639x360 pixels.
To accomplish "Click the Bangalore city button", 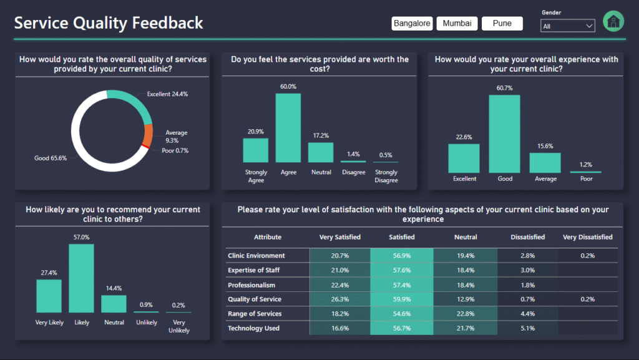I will pyautogui.click(x=412, y=24).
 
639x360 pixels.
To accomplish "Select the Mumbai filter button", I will pyautogui.click(x=457, y=24).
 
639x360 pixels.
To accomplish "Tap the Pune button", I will pyautogui.click(x=502, y=24).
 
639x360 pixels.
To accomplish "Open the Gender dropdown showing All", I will pyautogui.click(x=567, y=26).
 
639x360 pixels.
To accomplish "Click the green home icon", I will pyautogui.click(x=613, y=21).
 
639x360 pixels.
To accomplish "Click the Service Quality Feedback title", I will pyautogui.click(x=109, y=23).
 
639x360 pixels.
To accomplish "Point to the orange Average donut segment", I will pyautogui.click(x=148, y=134).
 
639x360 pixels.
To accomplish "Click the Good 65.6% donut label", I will pyautogui.click(x=51, y=158).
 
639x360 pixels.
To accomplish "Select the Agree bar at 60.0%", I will pyautogui.click(x=288, y=128).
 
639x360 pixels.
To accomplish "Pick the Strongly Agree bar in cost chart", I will pyautogui.click(x=255, y=150).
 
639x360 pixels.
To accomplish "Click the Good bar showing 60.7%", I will pyautogui.click(x=505, y=134).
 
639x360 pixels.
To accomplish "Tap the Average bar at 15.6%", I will pyautogui.click(x=545, y=163).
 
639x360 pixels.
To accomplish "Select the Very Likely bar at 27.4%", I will pyautogui.click(x=49, y=296).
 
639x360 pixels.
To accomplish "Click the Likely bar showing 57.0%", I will pyautogui.click(x=81, y=278).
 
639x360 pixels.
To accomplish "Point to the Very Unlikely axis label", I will pyautogui.click(x=178, y=326).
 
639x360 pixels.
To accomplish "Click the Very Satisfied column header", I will pyautogui.click(x=339, y=237).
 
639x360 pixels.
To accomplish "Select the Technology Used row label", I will pyautogui.click(x=253, y=328).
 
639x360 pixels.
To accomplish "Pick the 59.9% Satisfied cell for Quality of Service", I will pyautogui.click(x=402, y=299).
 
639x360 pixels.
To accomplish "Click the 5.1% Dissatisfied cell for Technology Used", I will pyautogui.click(x=527, y=328).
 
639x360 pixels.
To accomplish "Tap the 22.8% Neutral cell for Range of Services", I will pyautogui.click(x=466, y=314).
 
